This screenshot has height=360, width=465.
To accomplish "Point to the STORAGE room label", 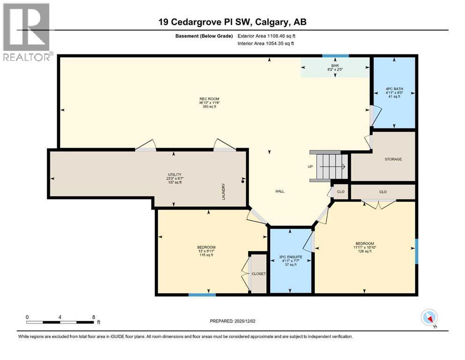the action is [x=393, y=159].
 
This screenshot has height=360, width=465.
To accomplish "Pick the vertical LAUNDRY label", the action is [x=224, y=191].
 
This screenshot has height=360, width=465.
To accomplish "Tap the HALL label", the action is [x=280, y=191].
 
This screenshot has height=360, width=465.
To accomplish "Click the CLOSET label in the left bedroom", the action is [x=258, y=274].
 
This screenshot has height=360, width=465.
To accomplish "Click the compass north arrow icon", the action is [x=429, y=318].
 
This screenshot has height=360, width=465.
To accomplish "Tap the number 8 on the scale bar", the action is [x=94, y=317].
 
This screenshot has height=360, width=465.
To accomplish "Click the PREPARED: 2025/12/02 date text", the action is [x=232, y=321].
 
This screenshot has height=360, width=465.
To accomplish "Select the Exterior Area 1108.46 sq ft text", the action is [x=266, y=36].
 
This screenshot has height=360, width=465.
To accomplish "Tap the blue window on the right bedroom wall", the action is [x=416, y=251].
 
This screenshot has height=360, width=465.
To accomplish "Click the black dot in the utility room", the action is [x=243, y=181].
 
